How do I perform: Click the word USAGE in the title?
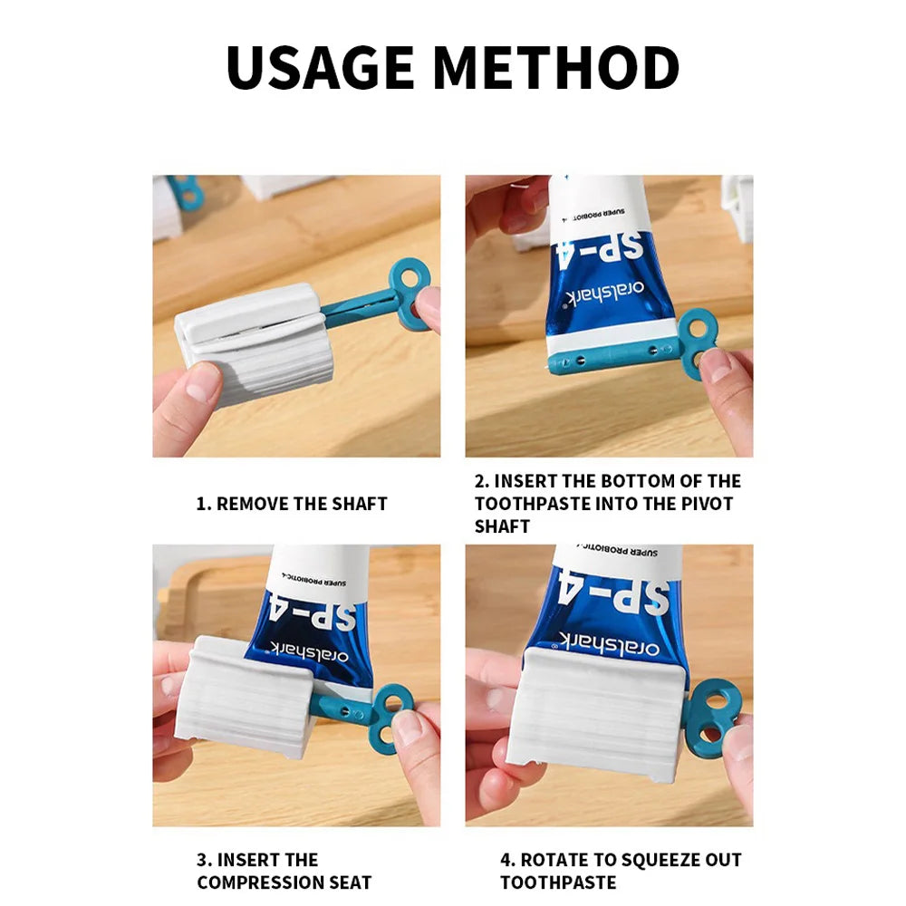[x=320, y=67]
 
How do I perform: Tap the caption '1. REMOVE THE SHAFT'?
[x=292, y=504]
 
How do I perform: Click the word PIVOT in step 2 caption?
[x=706, y=504]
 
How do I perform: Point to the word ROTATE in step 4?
[x=553, y=860]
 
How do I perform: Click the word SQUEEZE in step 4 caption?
[x=649, y=860]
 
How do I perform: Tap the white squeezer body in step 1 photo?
[x=255, y=340]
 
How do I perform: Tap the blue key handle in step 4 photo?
[x=717, y=717]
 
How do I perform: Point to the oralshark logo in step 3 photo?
[x=309, y=651]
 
